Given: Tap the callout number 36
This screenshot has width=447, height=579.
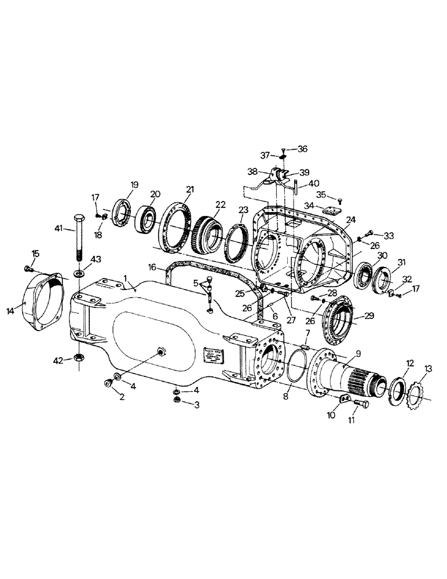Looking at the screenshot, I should [303, 149].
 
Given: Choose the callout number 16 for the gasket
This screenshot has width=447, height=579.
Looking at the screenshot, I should [153, 267].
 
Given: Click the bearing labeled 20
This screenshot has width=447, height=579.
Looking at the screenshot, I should [148, 218].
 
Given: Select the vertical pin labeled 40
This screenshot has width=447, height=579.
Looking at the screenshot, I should [296, 188].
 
